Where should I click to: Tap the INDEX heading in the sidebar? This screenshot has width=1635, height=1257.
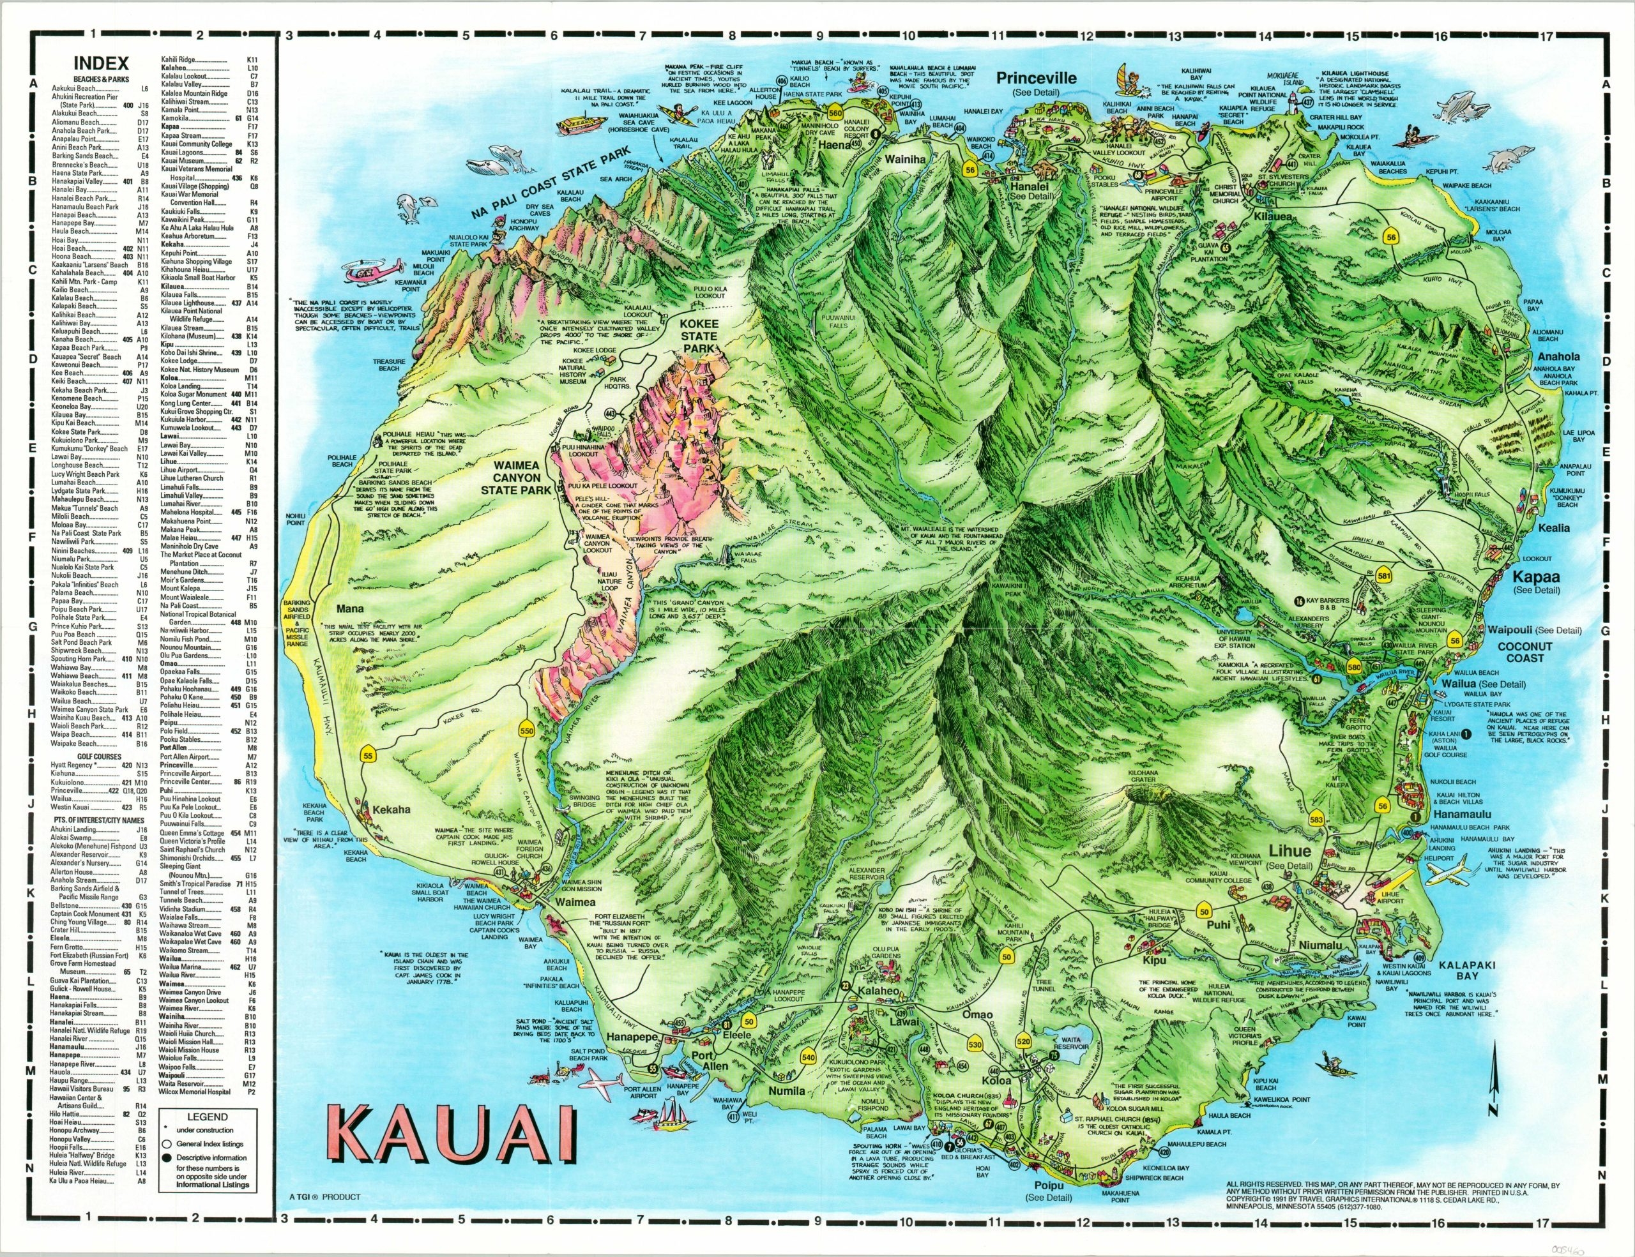pos(101,64)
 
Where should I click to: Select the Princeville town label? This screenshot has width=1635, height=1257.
pos(1036,78)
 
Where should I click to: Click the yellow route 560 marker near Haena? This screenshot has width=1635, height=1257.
pos(836,113)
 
